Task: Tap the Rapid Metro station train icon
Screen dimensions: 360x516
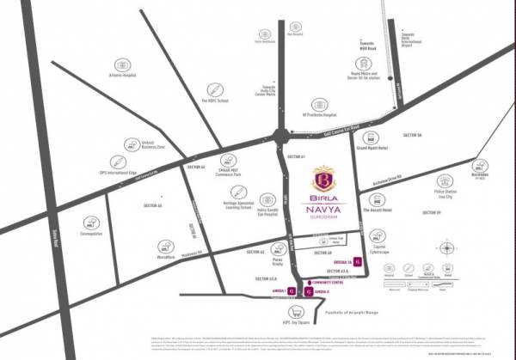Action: click(365, 64)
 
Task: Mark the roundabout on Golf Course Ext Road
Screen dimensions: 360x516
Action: click(282, 136)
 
